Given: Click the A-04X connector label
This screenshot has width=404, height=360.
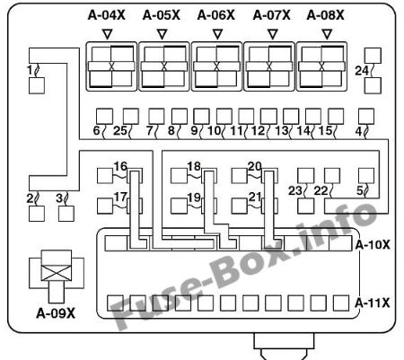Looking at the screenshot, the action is pyautogui.click(x=106, y=15).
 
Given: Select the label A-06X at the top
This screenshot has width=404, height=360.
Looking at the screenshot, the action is pyautogui.click(x=216, y=15).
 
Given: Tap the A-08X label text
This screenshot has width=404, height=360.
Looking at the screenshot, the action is pyautogui.click(x=325, y=15).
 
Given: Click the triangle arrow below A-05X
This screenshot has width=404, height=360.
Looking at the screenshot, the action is pyautogui.click(x=162, y=34).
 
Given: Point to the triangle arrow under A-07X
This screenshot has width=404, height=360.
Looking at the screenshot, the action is pyautogui.click(x=272, y=34).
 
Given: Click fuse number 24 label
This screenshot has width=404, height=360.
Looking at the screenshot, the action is pyautogui.click(x=362, y=71).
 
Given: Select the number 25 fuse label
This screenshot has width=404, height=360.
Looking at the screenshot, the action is pyautogui.click(x=120, y=131).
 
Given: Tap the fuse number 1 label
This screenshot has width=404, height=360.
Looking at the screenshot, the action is pyautogui.click(x=30, y=70).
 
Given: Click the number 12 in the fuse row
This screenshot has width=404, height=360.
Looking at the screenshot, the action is pyautogui.click(x=258, y=131).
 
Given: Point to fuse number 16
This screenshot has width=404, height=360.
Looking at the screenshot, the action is pyautogui.click(x=120, y=166).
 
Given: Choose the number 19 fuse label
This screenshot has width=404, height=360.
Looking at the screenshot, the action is pyautogui.click(x=194, y=198).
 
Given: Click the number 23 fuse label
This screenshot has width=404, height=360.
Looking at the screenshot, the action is pyautogui.click(x=295, y=190).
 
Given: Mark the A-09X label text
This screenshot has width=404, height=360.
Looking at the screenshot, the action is pyautogui.click(x=56, y=313).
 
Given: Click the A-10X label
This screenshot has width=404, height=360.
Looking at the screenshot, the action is pyautogui.click(x=373, y=245).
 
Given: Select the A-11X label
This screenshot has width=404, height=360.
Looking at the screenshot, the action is pyautogui.click(x=373, y=303).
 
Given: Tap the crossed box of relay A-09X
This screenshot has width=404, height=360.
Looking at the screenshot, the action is pyautogui.click(x=57, y=273).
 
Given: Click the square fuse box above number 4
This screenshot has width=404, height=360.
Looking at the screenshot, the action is pyautogui.click(x=366, y=117).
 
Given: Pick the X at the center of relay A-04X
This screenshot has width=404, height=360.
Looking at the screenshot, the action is pyautogui.click(x=111, y=66).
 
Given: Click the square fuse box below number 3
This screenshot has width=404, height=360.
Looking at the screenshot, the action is pyautogui.click(x=66, y=214).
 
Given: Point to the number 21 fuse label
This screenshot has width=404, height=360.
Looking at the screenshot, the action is pyautogui.click(x=255, y=198).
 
